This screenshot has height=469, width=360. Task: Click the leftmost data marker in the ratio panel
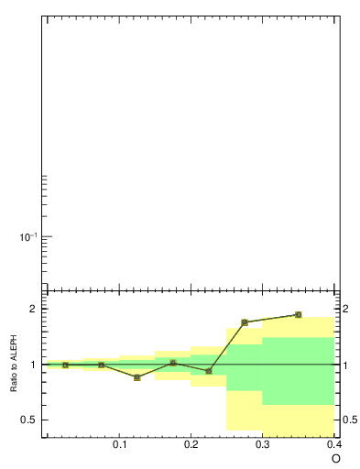(65, 365)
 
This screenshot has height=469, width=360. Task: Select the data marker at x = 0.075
(101, 365)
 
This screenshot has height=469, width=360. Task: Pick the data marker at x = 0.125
(136, 377)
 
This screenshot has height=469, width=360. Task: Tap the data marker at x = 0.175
(173, 363)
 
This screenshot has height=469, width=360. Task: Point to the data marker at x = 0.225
(209, 371)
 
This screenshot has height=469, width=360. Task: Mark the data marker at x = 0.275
(245, 322)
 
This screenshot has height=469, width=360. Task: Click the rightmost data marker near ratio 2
(299, 315)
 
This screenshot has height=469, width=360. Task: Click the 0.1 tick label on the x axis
(119, 444)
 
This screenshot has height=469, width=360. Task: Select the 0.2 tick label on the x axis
(191, 444)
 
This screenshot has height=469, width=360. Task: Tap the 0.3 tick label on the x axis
(263, 444)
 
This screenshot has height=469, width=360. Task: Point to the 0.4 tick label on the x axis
(334, 444)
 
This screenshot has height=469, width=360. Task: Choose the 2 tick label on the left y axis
(31, 309)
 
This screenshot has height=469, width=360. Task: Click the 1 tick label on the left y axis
(31, 365)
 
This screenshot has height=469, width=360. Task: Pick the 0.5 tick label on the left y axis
(27, 420)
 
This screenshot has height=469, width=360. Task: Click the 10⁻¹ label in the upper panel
(27, 237)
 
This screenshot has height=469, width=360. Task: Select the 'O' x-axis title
(335, 458)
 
